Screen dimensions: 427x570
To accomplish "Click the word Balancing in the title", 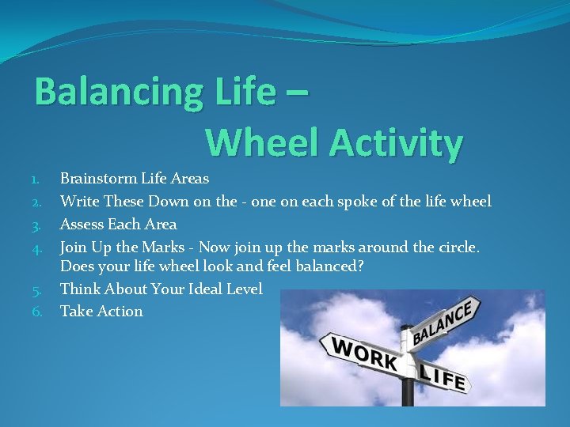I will click(x=116, y=93).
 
